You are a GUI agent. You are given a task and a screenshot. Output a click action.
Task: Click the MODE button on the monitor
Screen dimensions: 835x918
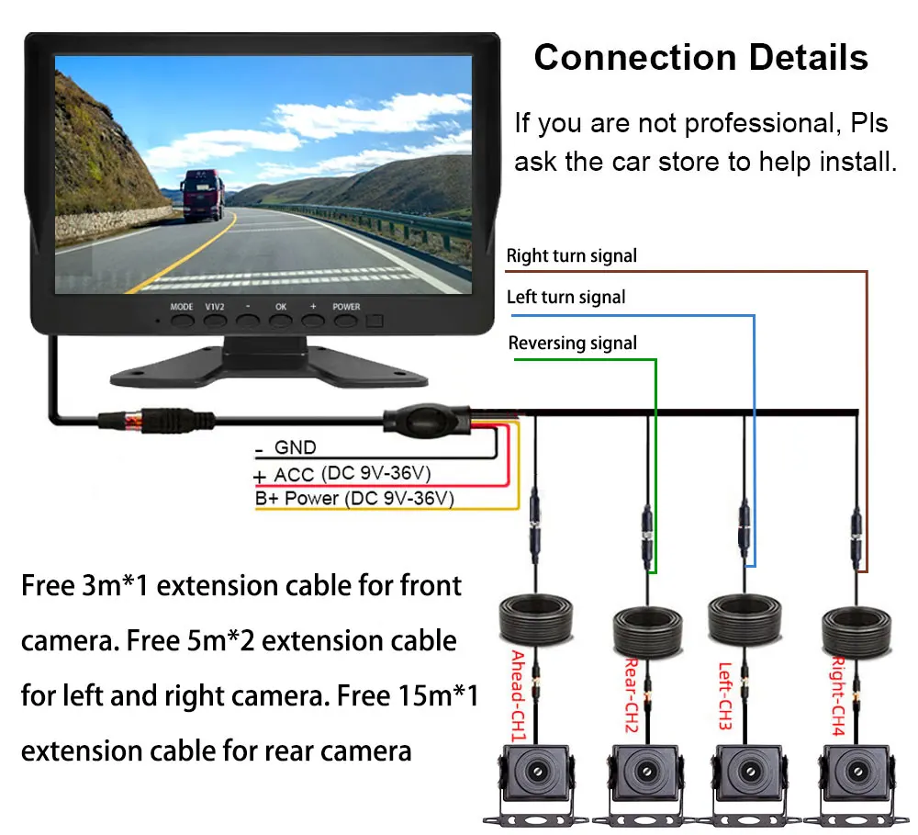[182, 322]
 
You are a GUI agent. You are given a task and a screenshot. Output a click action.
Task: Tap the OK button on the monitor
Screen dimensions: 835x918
[280, 322]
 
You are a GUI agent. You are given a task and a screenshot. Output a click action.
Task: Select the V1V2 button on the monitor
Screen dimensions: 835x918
[214, 322]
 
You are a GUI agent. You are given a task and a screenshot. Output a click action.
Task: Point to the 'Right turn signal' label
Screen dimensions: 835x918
[571, 256]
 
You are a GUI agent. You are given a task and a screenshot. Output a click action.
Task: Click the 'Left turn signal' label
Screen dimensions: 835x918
[565, 297]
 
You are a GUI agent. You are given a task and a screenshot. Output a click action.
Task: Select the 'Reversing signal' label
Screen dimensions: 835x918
[572, 344]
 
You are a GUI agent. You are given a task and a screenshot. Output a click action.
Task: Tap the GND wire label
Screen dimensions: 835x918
[295, 447]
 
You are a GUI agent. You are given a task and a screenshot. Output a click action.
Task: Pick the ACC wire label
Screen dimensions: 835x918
[294, 474]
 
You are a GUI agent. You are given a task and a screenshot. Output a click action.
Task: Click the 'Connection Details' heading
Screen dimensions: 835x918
[700, 58]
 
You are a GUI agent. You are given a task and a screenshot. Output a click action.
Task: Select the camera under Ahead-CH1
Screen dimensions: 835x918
[534, 777]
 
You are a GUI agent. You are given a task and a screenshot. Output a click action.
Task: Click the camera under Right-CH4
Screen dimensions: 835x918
[855, 777]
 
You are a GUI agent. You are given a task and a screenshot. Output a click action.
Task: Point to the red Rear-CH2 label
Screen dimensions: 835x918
[631, 694]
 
